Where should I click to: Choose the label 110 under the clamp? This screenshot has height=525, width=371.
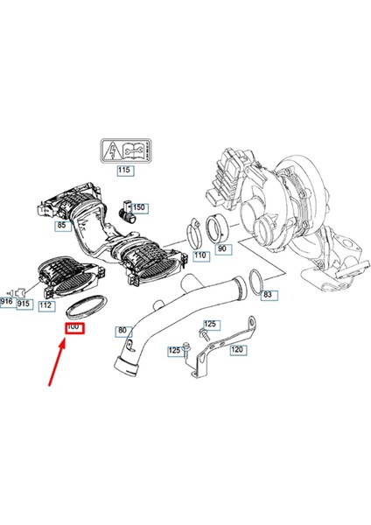[x=199, y=255]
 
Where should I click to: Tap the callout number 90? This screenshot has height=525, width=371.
[x=224, y=249]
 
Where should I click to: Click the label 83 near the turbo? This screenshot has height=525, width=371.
[x=268, y=296]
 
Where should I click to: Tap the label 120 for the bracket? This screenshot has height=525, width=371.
[x=237, y=348]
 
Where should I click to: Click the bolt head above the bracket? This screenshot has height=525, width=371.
[x=208, y=325]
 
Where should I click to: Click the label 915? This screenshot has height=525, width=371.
[x=24, y=303]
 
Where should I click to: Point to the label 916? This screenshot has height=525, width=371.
[x=7, y=303]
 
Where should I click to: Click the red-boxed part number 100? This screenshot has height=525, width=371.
[x=73, y=327]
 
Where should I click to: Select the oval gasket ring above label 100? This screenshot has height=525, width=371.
[x=87, y=306]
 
